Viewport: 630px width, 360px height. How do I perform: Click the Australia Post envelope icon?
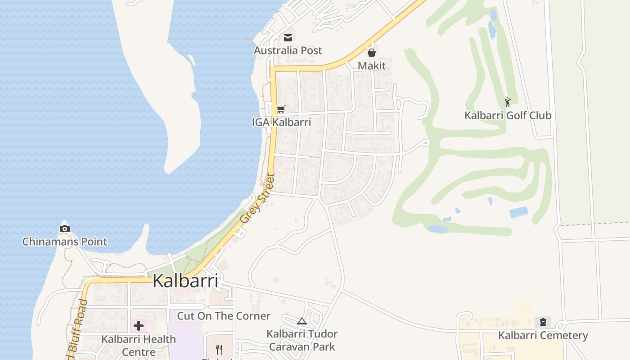pyautogui.click(x=288, y=38)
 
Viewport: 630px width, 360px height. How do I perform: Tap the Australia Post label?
pyautogui.click(x=288, y=50)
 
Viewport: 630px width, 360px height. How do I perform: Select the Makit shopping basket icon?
pyautogui.click(x=372, y=53)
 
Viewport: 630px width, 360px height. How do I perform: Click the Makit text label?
pyautogui.click(x=372, y=66)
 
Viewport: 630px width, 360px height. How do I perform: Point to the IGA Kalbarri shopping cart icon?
pyautogui.click(x=281, y=109)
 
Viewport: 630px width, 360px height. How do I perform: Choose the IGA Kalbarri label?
pyautogui.click(x=281, y=122)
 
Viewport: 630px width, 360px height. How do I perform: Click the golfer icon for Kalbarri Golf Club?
pyautogui.click(x=508, y=102)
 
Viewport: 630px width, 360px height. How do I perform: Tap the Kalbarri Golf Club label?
pyautogui.click(x=508, y=116)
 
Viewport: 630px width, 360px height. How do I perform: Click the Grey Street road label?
pyautogui.click(x=257, y=199)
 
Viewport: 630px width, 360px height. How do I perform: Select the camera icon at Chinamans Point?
pyautogui.click(x=65, y=229)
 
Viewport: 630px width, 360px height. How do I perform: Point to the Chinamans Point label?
pyautogui.click(x=65, y=242)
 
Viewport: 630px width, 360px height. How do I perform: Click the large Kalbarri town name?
pyautogui.click(x=185, y=281)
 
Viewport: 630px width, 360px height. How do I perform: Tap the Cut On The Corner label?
pyautogui.click(x=224, y=316)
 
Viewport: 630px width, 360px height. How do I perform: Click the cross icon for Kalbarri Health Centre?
pyautogui.click(x=138, y=325)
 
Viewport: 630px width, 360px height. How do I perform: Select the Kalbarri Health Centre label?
pyautogui.click(x=139, y=346)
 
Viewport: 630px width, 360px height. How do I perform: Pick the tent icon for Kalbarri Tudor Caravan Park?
pyautogui.click(x=301, y=321)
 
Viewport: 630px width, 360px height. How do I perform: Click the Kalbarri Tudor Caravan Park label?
pyautogui.click(x=301, y=340)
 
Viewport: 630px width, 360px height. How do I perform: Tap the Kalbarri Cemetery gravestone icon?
pyautogui.click(x=543, y=322)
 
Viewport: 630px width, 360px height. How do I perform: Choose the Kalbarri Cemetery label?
pyautogui.click(x=543, y=336)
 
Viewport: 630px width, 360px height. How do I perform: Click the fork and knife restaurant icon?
pyautogui.click(x=219, y=349)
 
